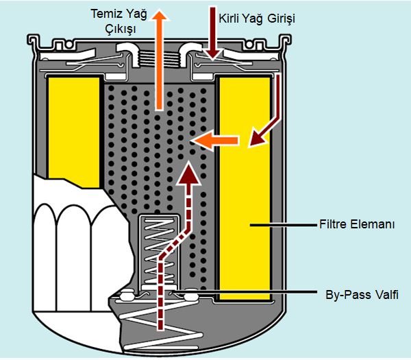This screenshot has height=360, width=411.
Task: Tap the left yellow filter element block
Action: click(x=73, y=123)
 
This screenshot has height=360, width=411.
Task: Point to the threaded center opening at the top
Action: click(x=159, y=49)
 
